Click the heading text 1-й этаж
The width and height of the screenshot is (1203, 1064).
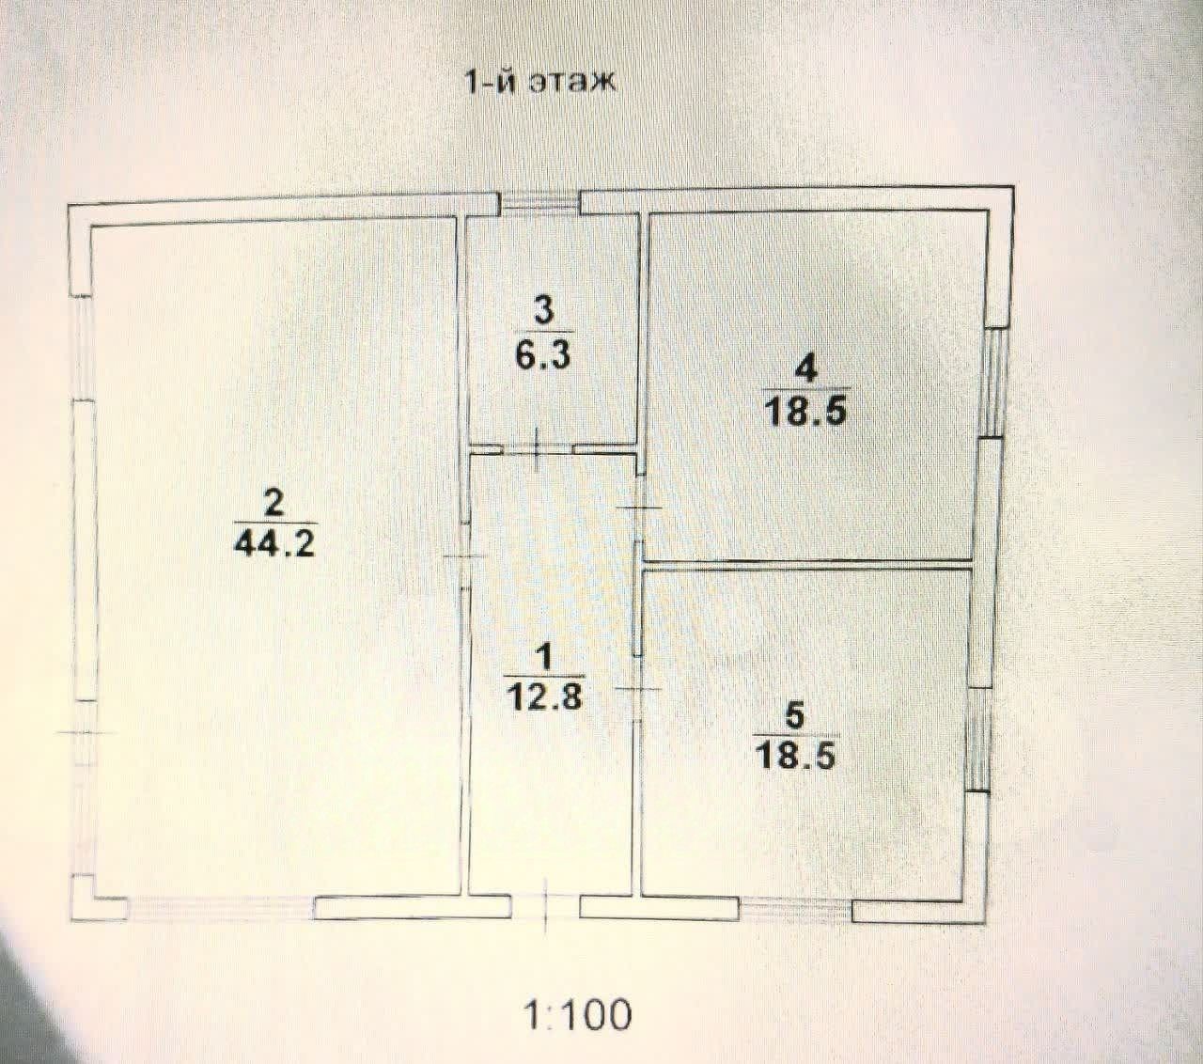click(x=539, y=84)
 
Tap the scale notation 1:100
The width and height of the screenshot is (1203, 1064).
click(x=577, y=1014)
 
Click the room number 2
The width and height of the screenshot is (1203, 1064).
click(x=273, y=504)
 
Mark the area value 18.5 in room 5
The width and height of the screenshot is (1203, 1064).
click(x=795, y=755)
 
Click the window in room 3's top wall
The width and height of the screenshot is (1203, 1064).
click(x=539, y=202)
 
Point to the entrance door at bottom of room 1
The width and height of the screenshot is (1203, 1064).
click(x=545, y=907)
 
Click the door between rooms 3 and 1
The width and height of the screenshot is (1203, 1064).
click(x=537, y=448)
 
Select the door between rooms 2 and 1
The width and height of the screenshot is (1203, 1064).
click(x=464, y=557)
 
